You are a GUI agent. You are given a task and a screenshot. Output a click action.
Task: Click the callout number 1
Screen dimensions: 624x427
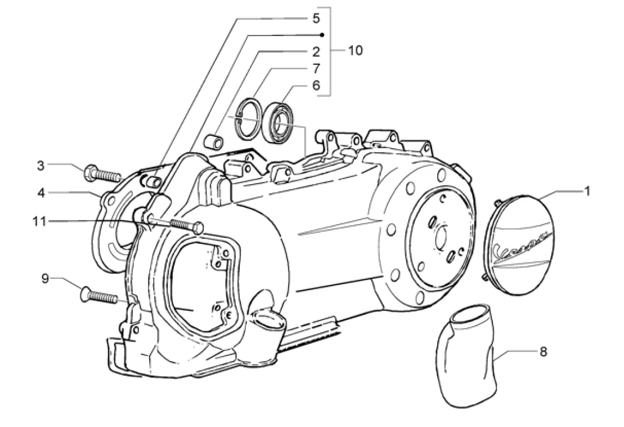click(x=586, y=192)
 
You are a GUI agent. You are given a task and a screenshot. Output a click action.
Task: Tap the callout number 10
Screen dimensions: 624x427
click(x=354, y=51)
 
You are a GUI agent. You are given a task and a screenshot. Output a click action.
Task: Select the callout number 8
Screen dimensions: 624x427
click(x=543, y=352)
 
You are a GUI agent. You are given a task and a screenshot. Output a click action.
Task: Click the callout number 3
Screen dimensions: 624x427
click(x=41, y=166)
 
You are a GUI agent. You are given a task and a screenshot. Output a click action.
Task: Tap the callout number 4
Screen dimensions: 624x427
click(x=41, y=192)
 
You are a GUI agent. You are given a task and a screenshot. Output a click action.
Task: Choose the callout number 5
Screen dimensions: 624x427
click(x=316, y=19)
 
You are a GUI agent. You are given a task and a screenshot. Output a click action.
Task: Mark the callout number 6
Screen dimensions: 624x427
click(x=316, y=86)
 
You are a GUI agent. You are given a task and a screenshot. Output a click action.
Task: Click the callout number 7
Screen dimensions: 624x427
click(x=316, y=69)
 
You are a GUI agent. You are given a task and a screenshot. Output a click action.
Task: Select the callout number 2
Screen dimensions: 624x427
click(x=316, y=52)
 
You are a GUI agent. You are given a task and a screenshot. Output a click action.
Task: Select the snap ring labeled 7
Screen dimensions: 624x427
click(x=248, y=118)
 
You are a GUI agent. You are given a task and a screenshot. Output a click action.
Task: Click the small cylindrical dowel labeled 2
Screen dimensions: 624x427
click(x=213, y=140)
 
